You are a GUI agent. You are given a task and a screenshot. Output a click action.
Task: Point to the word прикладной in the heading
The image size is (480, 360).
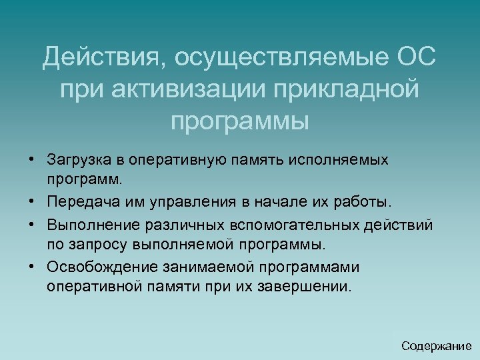(x=346, y=89)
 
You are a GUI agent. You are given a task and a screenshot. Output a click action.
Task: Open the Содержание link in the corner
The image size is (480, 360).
(x=437, y=346)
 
